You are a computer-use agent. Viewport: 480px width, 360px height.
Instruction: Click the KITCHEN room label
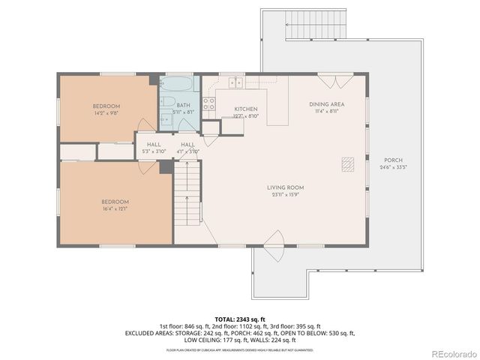pos(246,109)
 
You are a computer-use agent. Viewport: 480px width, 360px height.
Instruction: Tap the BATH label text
pos(183,105)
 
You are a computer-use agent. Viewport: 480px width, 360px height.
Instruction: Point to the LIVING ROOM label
pos(285,187)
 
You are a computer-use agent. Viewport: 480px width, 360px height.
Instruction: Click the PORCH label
pos(393,160)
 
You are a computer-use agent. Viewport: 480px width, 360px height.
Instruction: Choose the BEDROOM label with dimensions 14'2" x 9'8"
pos(106,106)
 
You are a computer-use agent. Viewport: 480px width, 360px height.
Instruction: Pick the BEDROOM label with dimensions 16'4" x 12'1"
pos(115,202)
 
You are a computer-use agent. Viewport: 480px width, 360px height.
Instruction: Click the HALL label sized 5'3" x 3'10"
pos(154,144)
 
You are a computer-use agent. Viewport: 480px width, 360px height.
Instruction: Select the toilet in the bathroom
pos(168,103)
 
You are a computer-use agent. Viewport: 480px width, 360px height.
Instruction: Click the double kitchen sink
pos(236,82)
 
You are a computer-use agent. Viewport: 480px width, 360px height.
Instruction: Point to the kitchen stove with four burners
pos(210,103)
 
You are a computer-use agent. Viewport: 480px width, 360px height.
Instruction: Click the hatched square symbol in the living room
pos(347,165)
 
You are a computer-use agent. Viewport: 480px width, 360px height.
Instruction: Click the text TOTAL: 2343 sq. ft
pos(240,319)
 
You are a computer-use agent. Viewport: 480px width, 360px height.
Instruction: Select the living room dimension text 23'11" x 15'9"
pos(285,195)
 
